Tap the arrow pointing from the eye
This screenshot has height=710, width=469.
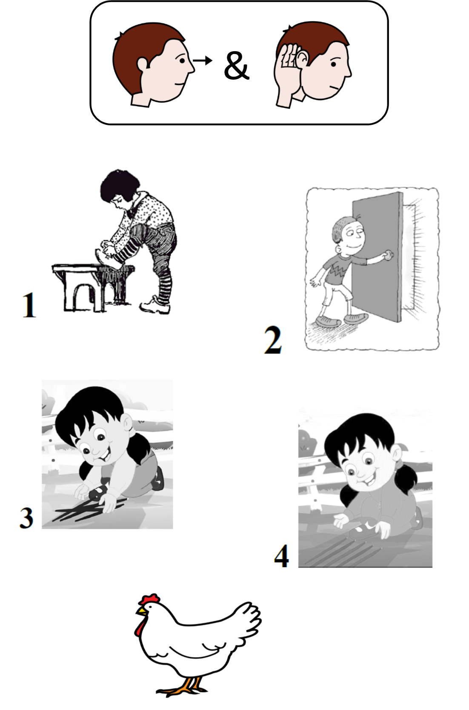pyautogui.click(x=203, y=60)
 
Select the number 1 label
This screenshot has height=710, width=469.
pyautogui.click(x=29, y=305)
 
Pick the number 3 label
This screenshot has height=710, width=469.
pyautogui.click(x=26, y=517)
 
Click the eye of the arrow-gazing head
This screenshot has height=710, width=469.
pyautogui.click(x=182, y=60)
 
